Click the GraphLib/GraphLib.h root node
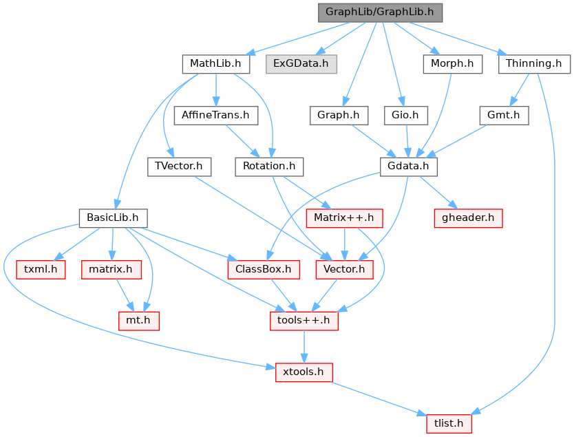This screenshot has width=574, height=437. coord(380,12)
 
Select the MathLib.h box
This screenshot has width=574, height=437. coord(216,64)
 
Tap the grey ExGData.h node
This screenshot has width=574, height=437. coord(301,64)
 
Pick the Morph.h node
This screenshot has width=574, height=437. coord(452,64)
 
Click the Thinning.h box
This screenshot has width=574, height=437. coord(534,64)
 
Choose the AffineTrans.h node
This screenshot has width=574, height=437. coord(216,116)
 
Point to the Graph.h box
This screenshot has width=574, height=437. coord(339,116)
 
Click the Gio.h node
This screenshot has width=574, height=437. coord(405,116)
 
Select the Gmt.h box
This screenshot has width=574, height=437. coord(504,116)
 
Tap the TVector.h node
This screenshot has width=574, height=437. coord(179,167)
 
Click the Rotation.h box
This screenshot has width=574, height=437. coord(269,167)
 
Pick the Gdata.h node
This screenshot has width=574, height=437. coord(409,167)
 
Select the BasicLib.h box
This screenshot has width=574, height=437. coord(113,218)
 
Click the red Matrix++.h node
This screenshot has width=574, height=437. coord(344,218)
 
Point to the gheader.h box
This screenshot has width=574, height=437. coord(468,218)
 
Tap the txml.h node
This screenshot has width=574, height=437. coord(41,270)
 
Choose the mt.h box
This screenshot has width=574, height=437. coord(139,321)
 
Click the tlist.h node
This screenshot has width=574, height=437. coord(449,424)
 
